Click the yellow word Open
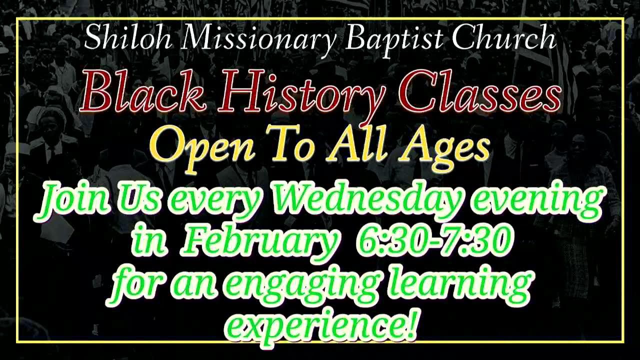pos(202,144)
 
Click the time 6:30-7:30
pos(434,240)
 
